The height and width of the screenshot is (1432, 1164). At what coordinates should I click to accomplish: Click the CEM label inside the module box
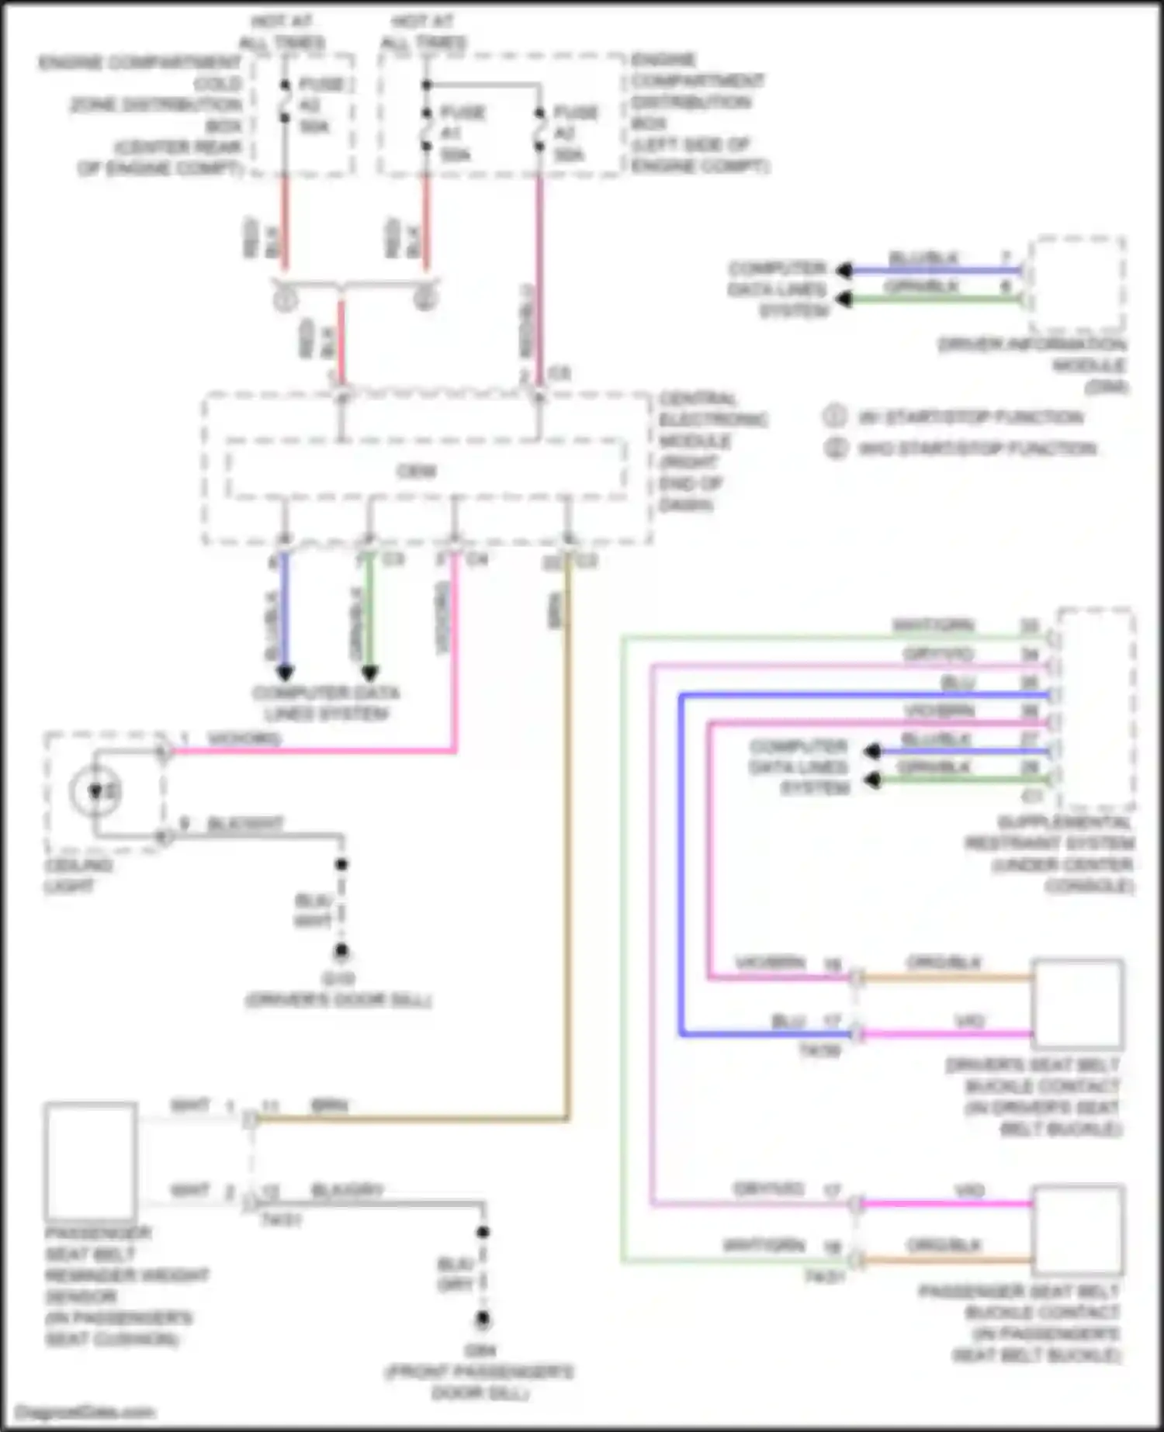tap(417, 471)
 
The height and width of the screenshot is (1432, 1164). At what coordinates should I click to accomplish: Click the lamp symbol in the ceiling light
tap(95, 792)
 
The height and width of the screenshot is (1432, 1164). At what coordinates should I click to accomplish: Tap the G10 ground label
tap(339, 979)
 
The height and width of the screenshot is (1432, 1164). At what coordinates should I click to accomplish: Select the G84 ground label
tap(481, 1351)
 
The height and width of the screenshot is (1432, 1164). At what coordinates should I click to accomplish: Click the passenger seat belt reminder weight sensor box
tap(91, 1161)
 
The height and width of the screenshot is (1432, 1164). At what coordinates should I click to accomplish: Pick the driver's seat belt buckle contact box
tap(1077, 1005)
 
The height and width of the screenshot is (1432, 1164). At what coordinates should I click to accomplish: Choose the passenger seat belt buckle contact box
tap(1077, 1230)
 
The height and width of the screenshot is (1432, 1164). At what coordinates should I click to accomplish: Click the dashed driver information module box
tap(1077, 285)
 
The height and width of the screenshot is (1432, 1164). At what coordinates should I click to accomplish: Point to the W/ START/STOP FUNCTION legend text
tap(970, 417)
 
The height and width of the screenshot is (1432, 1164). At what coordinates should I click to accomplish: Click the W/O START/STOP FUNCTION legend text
tap(976, 448)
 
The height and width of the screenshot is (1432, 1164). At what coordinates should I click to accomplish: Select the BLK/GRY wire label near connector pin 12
tap(347, 1190)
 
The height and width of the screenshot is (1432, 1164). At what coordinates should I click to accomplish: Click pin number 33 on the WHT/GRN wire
tap(1029, 626)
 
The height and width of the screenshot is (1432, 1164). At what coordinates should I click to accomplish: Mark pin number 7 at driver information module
tap(1006, 258)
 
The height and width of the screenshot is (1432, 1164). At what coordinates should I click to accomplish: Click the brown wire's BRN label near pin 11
tap(329, 1106)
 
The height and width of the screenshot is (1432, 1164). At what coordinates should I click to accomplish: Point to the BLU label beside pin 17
tap(788, 1022)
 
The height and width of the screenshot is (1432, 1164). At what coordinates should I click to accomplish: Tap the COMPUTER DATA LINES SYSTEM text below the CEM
tap(326, 703)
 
